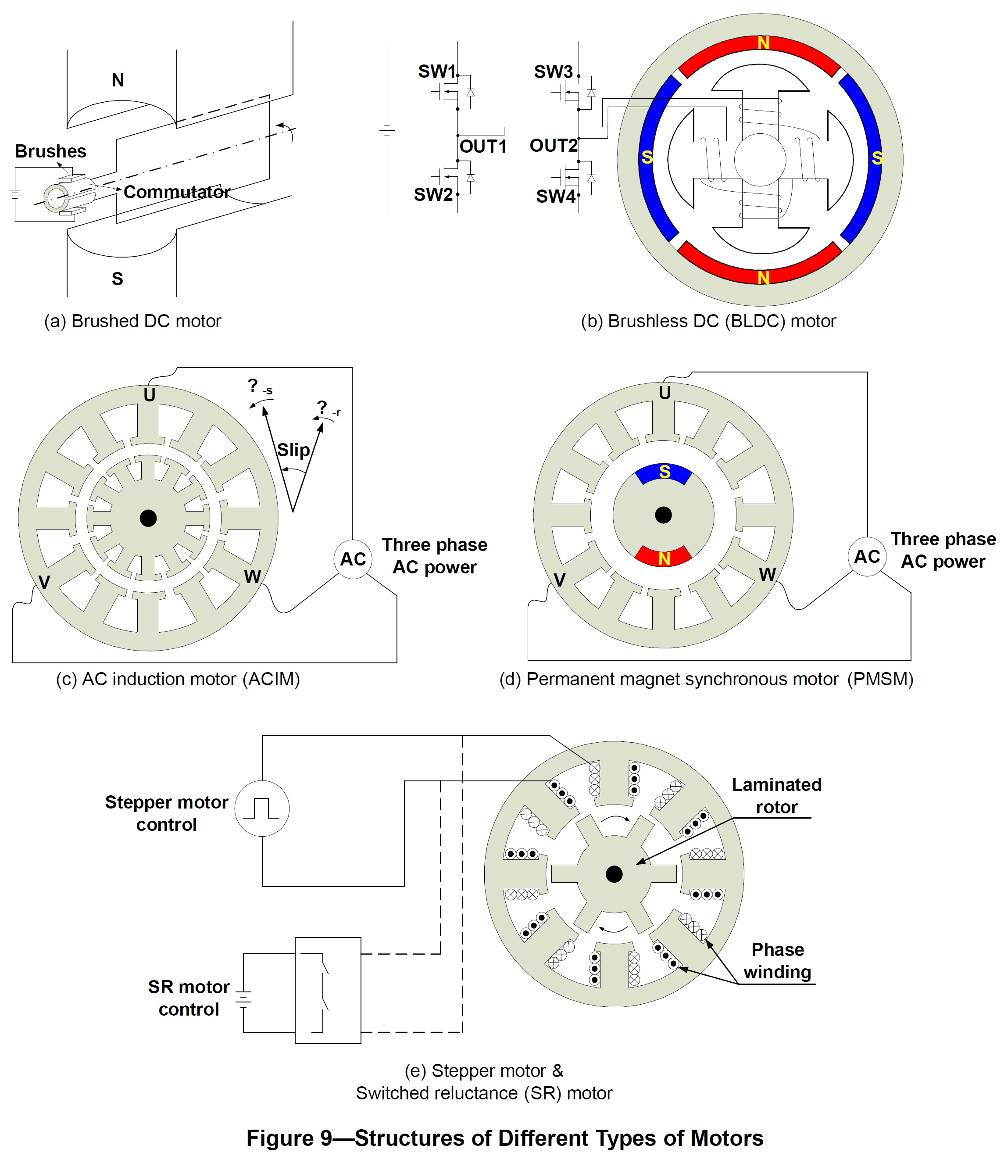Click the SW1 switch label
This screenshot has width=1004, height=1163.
pos(436,72)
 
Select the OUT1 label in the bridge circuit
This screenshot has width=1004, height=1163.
pos(482,147)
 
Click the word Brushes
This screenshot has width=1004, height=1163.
pos(50,151)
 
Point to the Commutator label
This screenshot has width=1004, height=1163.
pos(177,192)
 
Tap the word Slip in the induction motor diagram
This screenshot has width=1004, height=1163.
pos(293,450)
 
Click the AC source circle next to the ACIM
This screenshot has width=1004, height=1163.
pos(353,559)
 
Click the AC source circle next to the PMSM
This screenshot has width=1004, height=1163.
pos(867,556)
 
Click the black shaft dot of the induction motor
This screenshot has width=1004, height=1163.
pos(148,518)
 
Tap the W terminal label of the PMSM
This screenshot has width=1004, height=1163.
pos(767,574)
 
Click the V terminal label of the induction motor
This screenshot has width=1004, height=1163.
pos(44,582)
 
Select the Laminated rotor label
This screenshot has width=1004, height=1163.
pos(776,795)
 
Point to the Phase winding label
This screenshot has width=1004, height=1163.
pos(777,960)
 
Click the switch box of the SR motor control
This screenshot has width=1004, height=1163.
pos(328,990)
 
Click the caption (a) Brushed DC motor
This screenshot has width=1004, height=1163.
pos(132,321)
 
